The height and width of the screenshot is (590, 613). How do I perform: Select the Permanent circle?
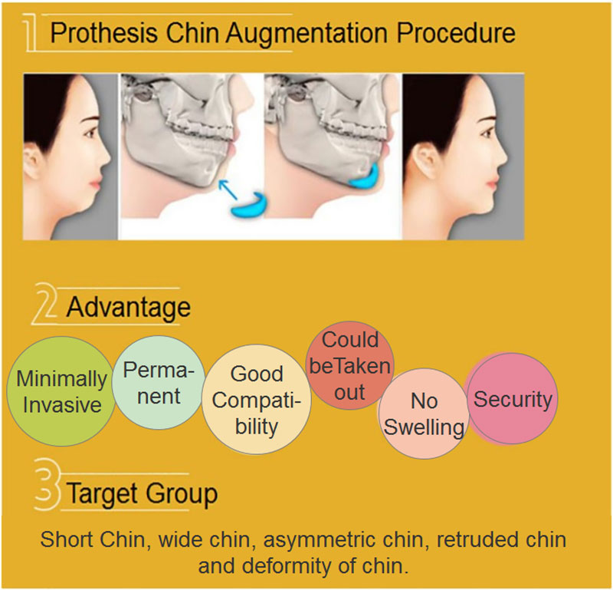pyautogui.click(x=158, y=384)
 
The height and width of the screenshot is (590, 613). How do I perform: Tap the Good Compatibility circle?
pyautogui.click(x=257, y=400)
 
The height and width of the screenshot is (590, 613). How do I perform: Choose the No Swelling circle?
pyautogui.click(x=424, y=413)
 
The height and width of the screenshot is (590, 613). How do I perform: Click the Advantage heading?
pyautogui.click(x=127, y=307)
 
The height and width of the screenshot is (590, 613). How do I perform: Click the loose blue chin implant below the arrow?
pyautogui.click(x=250, y=203)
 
